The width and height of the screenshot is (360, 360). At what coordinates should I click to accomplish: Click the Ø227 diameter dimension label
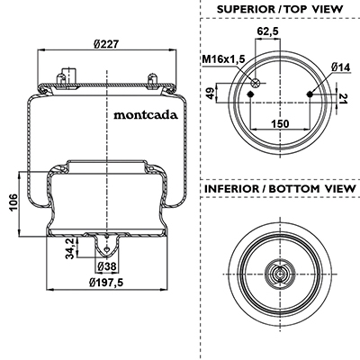coord(106,44)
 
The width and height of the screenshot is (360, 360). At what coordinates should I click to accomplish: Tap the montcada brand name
coord(146,115)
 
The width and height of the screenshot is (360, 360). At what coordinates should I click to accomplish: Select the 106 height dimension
coord(13,202)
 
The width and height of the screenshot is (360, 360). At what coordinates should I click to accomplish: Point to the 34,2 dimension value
coord(69,248)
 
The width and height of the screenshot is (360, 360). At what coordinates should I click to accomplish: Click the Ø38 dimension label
coord(107,266)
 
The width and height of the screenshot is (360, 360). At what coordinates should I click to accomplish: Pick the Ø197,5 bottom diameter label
coord(106,283)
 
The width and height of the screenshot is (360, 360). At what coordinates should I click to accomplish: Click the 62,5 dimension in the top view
coord(267,31)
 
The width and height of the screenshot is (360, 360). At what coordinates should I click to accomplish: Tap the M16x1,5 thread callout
coord(223,59)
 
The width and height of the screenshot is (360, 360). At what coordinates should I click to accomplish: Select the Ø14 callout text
coord(341,67)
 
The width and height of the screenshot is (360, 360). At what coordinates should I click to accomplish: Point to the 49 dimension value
coord(211,93)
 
